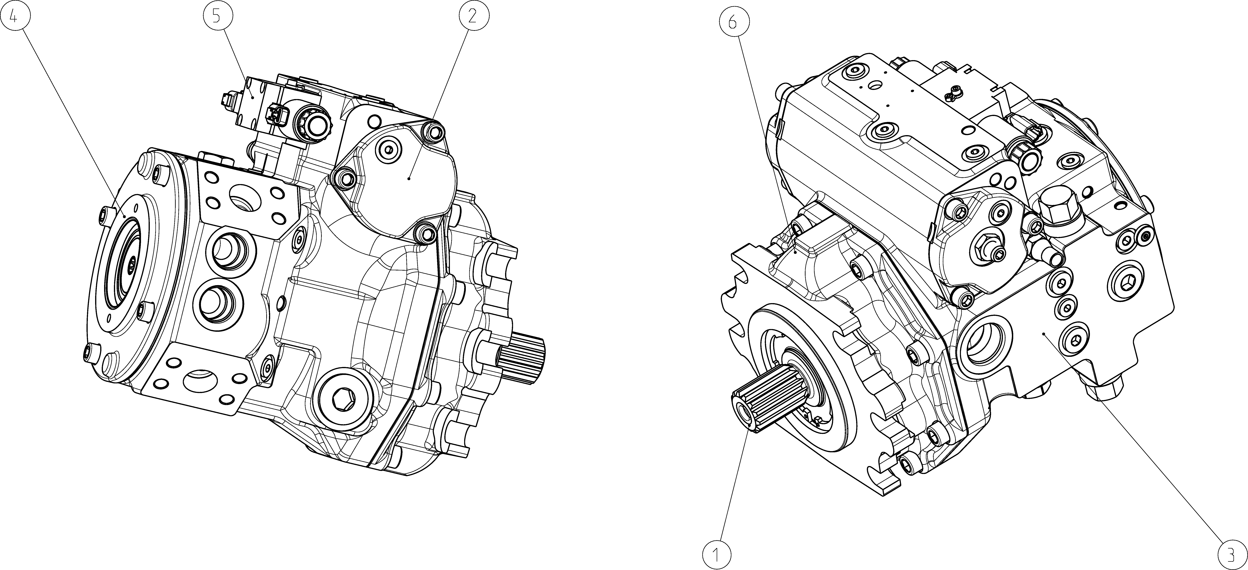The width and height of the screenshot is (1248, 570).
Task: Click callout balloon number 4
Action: tap(15, 16)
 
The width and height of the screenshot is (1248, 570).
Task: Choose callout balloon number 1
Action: tap(717, 553)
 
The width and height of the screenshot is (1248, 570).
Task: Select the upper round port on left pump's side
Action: tap(230, 252)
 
